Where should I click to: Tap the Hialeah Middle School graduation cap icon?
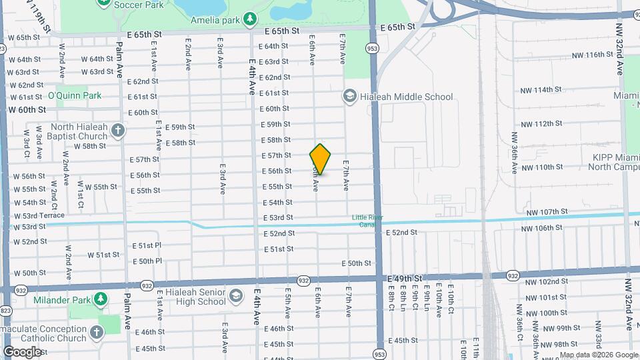[349, 97]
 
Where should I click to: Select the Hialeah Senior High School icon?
[235, 295]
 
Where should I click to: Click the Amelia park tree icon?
[249, 19]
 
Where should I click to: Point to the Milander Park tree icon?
[101, 297]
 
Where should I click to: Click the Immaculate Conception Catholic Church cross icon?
[97, 332]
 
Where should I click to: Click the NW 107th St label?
[546, 212]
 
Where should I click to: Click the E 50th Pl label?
[147, 261]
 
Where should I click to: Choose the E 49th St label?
[404, 278]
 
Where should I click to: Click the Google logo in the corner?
[22, 351]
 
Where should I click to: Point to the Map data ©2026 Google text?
[598, 355]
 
